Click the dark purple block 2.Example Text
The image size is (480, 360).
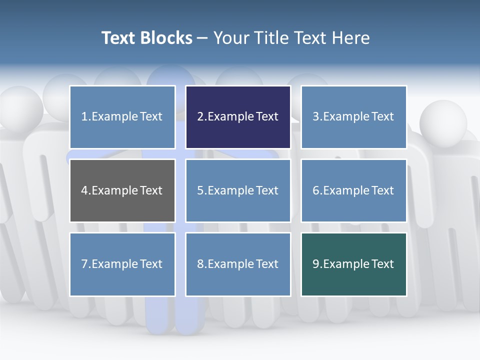click(238, 117)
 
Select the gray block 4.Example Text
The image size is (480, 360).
click(122, 190)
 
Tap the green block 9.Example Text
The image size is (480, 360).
click(353, 264)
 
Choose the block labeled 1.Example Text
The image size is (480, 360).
click(122, 117)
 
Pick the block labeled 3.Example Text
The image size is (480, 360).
click(353, 117)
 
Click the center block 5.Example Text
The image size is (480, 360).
click(238, 190)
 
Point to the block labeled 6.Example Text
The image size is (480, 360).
click(353, 190)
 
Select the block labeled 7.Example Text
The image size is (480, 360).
click(122, 264)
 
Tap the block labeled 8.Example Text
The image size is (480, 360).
click(238, 264)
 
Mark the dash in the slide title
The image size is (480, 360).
click(202, 38)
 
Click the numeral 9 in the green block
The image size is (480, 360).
click(316, 264)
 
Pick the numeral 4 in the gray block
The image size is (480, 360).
click(84, 190)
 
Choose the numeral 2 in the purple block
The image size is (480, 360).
click(200, 117)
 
